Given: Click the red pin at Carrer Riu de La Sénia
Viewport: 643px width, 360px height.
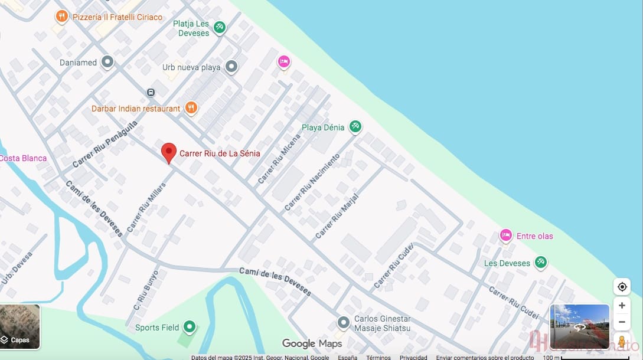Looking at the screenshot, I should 169,152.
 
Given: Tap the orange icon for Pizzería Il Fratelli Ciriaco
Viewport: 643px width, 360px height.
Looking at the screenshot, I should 61,17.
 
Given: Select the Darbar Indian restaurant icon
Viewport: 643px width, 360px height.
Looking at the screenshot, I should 190,108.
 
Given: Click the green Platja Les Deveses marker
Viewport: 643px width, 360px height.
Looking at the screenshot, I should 220,27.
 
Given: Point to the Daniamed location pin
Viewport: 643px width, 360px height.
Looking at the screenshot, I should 107,62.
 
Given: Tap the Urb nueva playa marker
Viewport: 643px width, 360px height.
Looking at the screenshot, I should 231,67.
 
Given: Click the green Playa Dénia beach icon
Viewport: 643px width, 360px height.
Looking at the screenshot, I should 355,126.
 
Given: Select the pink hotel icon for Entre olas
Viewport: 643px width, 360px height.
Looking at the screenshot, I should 505,235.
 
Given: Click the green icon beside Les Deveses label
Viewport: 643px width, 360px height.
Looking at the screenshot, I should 540,263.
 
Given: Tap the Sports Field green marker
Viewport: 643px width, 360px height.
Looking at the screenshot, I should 189,326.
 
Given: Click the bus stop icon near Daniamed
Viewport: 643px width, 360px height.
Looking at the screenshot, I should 151,92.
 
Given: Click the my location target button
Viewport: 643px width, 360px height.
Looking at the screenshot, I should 622,287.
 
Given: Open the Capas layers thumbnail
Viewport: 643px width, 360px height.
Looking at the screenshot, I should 20,326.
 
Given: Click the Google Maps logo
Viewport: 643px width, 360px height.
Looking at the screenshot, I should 312,343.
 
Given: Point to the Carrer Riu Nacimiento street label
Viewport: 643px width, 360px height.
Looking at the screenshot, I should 312,182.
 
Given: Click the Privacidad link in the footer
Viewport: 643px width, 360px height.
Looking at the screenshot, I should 413,357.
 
